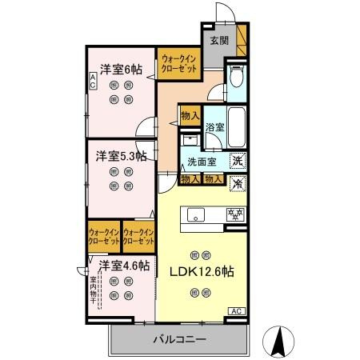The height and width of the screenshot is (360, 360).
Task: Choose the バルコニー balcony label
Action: (180, 339)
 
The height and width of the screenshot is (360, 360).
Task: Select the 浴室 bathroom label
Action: (214, 126)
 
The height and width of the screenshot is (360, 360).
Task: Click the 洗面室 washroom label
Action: (202, 162)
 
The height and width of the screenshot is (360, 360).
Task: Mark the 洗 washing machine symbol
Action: (238, 162)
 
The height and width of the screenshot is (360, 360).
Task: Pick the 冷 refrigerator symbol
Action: (238, 182)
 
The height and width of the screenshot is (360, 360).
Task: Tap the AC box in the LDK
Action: (237, 310)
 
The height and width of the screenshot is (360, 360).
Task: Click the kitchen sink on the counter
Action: (197, 214)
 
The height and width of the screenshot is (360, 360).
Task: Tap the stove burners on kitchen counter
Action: (235, 214)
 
